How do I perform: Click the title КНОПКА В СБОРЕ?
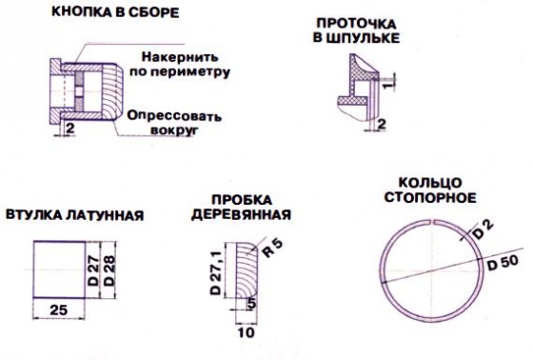(115, 12)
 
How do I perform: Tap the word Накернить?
(180, 57)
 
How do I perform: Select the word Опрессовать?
(174, 115)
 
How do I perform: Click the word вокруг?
(174, 130)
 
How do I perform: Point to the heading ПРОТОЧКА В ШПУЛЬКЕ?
(356, 30)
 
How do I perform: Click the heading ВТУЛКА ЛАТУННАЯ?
(75, 215)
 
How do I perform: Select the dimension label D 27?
(93, 270)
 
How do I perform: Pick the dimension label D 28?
(109, 270)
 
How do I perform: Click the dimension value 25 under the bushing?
(58, 310)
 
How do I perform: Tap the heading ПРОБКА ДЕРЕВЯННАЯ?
(242, 208)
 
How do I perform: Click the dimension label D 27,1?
(216, 273)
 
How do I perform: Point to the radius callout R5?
(271, 248)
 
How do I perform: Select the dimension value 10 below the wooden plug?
(247, 332)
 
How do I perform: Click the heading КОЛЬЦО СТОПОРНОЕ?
(430, 190)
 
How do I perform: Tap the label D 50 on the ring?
(503, 263)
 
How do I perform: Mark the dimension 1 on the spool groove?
(391, 81)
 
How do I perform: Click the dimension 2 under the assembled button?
(70, 129)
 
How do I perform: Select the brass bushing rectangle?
(59, 270)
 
